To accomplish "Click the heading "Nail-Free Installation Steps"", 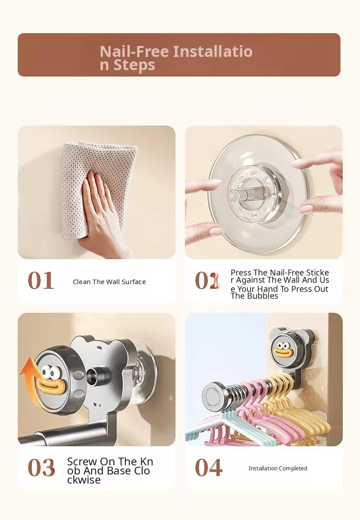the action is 176,58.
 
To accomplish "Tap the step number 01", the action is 41,280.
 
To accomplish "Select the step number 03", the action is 41,468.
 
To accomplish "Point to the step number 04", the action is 208,468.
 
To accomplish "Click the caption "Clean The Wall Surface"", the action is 109,282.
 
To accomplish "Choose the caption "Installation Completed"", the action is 278,468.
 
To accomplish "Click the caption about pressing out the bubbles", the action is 280,284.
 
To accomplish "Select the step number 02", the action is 207,280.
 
